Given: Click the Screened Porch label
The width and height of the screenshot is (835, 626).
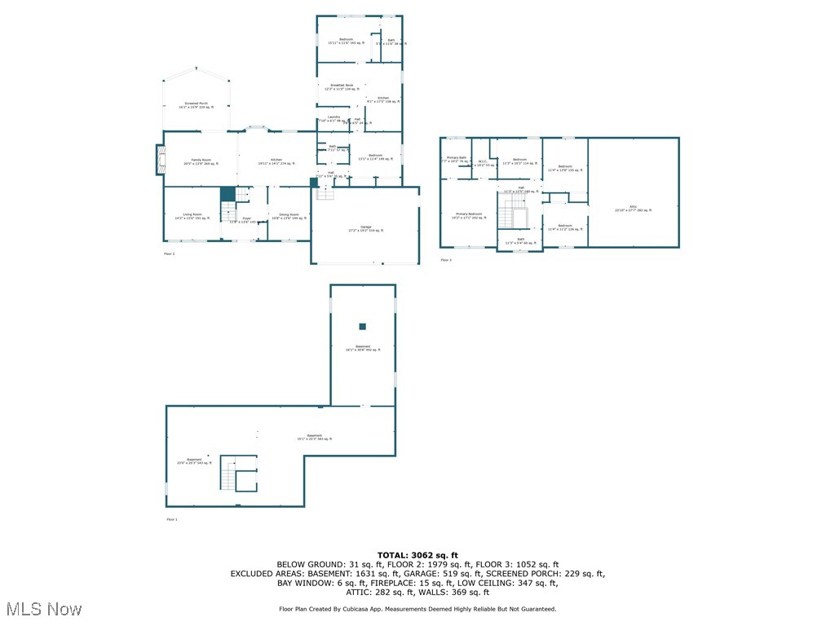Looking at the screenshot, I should pyautogui.click(x=197, y=105).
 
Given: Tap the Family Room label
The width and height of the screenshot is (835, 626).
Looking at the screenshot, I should pyautogui.click(x=201, y=161).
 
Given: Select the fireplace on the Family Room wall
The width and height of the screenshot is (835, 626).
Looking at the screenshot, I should pyautogui.click(x=160, y=160).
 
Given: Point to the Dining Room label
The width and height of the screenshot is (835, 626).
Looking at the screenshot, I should pyautogui.click(x=289, y=216).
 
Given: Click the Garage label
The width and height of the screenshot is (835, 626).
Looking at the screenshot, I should pyautogui.click(x=366, y=228).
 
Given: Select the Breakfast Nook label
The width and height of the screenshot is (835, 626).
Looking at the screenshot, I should pyautogui.click(x=342, y=86).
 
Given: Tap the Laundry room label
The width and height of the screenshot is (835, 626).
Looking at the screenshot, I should pyautogui.click(x=334, y=118).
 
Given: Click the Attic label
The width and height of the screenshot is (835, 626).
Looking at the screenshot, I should pyautogui.click(x=633, y=209).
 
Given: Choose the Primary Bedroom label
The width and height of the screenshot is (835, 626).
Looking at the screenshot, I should pyautogui.click(x=469, y=215).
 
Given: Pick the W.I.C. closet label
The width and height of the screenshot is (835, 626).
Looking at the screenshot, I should pyautogui.click(x=483, y=162).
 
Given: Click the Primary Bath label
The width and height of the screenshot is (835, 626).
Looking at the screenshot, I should pyautogui.click(x=457, y=159).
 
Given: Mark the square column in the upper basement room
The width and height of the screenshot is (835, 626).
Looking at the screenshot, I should pyautogui.click(x=363, y=327).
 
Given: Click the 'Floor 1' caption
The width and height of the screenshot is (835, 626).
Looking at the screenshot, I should pyautogui.click(x=171, y=519).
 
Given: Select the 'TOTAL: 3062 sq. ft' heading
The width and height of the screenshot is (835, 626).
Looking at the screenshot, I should pyautogui.click(x=417, y=554).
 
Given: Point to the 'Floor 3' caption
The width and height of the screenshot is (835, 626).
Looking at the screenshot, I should pyautogui.click(x=446, y=260).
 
